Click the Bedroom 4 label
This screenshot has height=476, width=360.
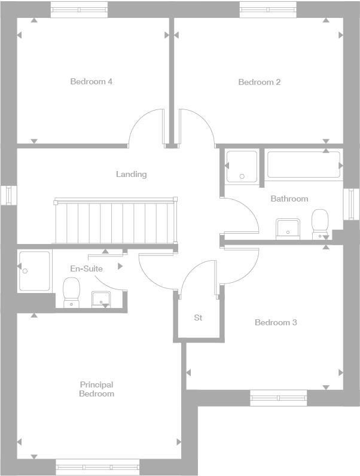click(91, 81)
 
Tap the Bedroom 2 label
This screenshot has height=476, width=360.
click(259, 82)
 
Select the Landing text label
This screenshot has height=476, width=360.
click(131, 174)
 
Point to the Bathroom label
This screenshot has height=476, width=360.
click(289, 199)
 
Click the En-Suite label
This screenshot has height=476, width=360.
click(86, 268)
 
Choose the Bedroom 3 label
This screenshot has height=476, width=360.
click(276, 322)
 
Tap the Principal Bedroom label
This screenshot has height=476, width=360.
click(97, 389)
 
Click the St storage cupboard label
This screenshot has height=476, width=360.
click(198, 318)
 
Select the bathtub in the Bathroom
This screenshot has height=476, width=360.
click(303, 164)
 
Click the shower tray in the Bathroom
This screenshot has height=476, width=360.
click(242, 166)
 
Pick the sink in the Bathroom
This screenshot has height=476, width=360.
click(288, 228)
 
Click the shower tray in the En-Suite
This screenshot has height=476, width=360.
click(35, 270)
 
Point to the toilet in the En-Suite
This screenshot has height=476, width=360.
click(71, 293)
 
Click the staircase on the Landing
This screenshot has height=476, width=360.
click(115, 221)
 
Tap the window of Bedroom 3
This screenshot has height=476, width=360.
click(278, 397)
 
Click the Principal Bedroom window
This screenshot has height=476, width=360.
click(97, 467)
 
